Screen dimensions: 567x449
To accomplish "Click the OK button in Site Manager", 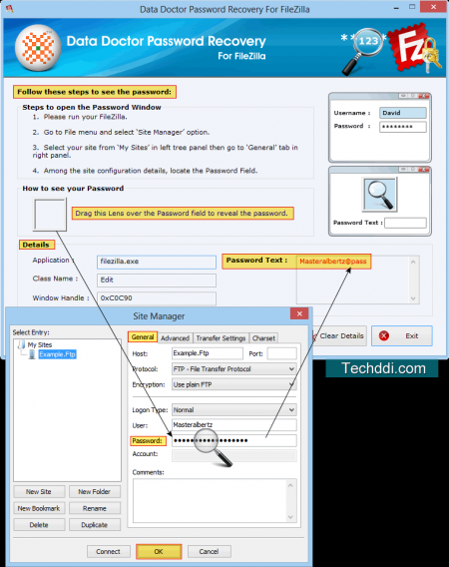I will click(x=158, y=551).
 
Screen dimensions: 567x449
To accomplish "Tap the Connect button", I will click(x=108, y=551).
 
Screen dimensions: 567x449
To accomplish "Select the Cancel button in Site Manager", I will click(x=209, y=551).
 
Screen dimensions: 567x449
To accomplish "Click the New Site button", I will click(x=39, y=492).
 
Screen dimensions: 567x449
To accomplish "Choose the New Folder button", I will click(x=94, y=492).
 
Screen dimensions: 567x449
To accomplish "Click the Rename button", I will click(x=94, y=508).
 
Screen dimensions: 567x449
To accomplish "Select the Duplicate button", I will click(x=94, y=524).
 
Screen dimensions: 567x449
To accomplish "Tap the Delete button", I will click(x=39, y=524).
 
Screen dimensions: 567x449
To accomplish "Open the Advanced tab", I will click(x=175, y=338).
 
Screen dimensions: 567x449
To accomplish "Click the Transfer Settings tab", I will click(x=221, y=338).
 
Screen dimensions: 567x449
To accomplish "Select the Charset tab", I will click(x=263, y=338).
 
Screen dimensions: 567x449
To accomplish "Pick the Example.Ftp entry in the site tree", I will click(x=58, y=354).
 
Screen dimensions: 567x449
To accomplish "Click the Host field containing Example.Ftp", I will click(x=207, y=353).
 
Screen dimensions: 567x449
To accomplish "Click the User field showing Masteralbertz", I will click(x=233, y=424).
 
